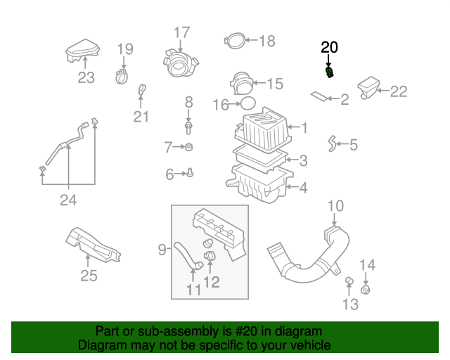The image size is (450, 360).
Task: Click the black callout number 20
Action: tap(329, 48)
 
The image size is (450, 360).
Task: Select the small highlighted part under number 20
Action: tap(329, 72)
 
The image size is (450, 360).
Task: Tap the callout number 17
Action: tap(181, 32)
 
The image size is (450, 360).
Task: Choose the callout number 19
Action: tap(124, 49)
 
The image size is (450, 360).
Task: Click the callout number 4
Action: tap(303, 188)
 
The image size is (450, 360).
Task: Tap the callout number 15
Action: tap(274, 84)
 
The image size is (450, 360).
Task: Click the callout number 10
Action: tap(335, 206)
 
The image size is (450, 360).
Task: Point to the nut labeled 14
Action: tap(366, 290)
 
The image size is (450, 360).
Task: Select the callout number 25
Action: tap(89, 276)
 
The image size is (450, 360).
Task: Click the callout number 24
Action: tap(67, 200)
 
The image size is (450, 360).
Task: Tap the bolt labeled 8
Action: tap(188, 127)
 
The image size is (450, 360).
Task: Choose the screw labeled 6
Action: tap(191, 172)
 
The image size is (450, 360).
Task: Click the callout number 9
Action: tap(162, 249)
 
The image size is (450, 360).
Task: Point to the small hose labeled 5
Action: tap(330, 145)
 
